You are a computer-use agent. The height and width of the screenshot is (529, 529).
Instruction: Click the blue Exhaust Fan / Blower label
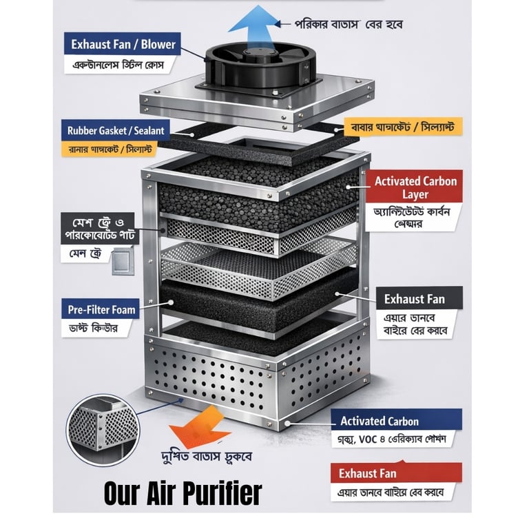[124, 45]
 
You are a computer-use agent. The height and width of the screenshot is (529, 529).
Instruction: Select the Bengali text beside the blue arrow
[349, 24]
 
